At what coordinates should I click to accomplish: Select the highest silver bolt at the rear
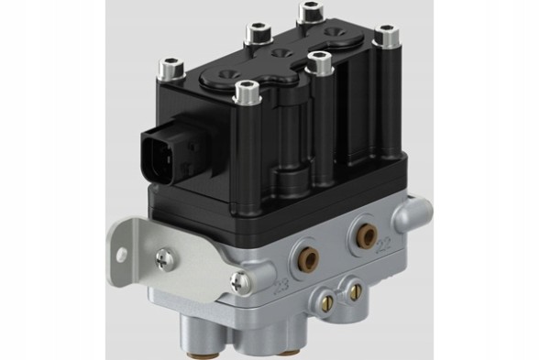[310, 12]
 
